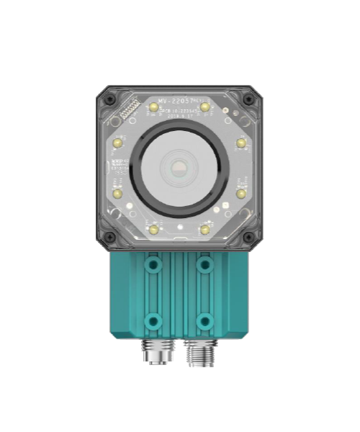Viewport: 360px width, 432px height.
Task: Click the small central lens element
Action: [x=179, y=170]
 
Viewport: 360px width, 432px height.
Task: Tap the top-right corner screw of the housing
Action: [x=248, y=99]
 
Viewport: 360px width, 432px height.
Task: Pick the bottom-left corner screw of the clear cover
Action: [x=109, y=237]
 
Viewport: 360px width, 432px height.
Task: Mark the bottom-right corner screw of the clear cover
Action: [x=248, y=237]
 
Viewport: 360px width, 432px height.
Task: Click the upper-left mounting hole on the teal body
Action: [x=152, y=266]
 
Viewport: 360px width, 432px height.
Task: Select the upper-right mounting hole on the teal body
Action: [x=205, y=266]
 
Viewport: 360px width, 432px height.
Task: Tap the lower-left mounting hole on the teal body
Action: [x=152, y=319]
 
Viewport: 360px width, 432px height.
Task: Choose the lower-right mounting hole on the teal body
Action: [x=205, y=319]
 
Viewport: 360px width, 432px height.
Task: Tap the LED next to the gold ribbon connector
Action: [x=153, y=107]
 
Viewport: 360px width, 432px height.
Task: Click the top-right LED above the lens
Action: [x=205, y=107]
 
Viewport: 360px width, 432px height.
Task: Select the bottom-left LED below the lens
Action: [x=153, y=230]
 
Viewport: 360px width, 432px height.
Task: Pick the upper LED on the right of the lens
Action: [x=240, y=143]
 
